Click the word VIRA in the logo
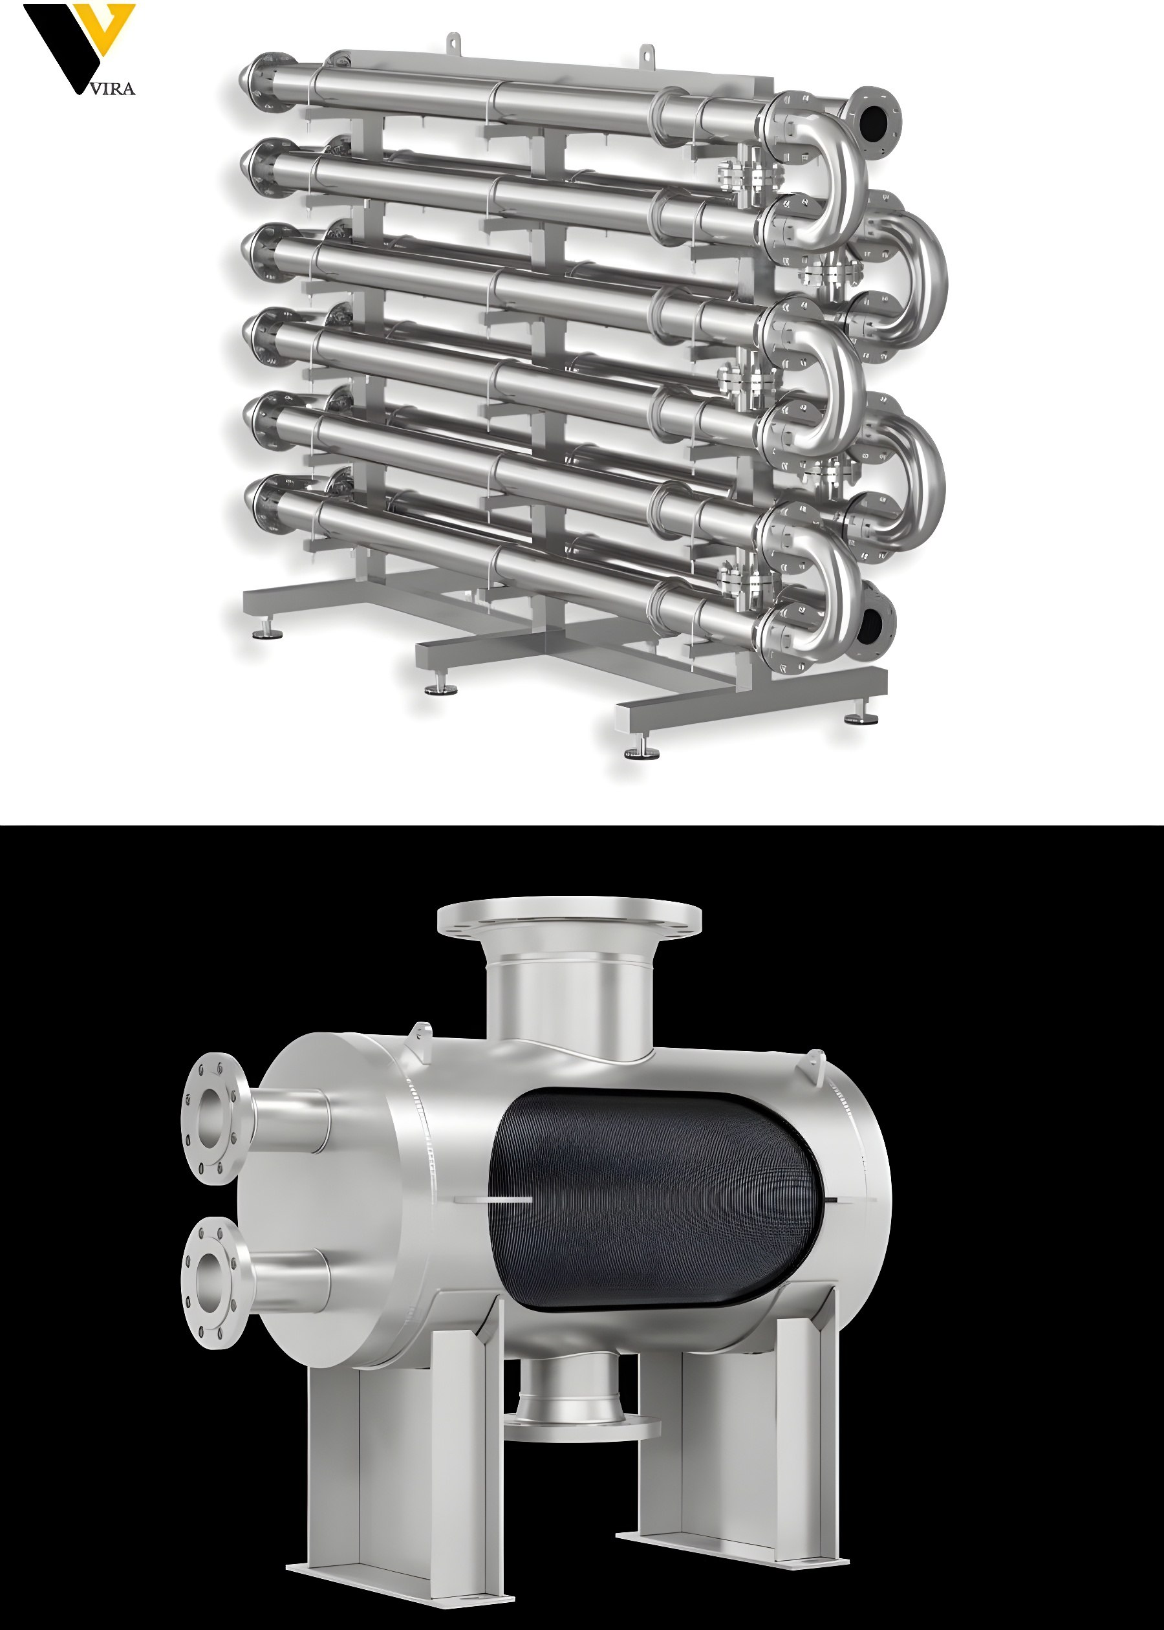click(113, 89)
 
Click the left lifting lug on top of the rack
click(453, 42)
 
